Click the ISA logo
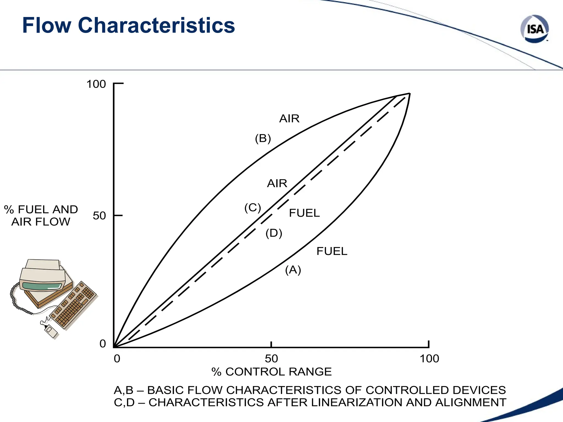[535, 29]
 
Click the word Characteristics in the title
[156, 25]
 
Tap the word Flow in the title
[46, 25]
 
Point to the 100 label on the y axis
[96, 84]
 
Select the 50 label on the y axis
[99, 216]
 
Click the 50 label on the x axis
[271, 359]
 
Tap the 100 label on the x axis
[429, 359]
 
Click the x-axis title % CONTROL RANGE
[272, 372]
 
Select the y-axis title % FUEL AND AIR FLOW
[41, 216]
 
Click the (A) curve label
[293, 270]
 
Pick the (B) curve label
[263, 138]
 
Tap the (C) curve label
[253, 208]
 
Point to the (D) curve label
[274, 233]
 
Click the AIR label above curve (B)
[289, 119]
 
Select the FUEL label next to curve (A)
[332, 251]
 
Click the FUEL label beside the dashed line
[304, 213]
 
